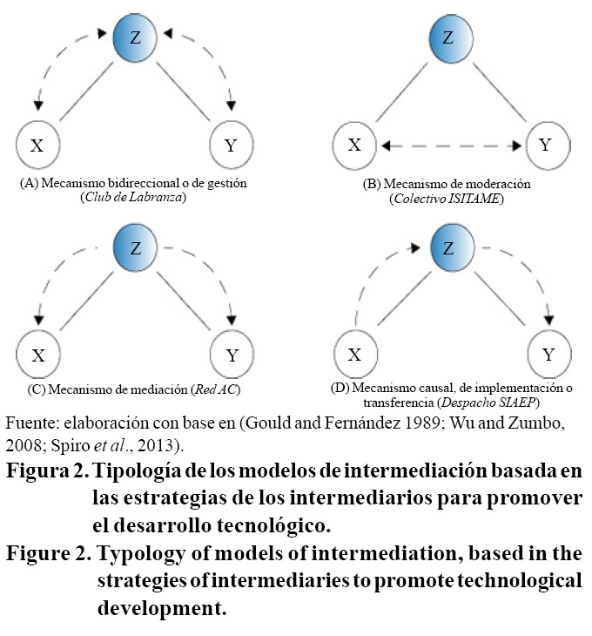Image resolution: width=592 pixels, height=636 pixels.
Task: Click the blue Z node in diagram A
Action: [x=136, y=39]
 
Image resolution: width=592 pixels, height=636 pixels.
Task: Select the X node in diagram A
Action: [x=37, y=145]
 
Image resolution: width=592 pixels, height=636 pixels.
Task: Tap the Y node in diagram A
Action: [x=232, y=145]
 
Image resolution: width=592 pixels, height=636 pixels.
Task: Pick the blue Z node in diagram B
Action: [x=448, y=39]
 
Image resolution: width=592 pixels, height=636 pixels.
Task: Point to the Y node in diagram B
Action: [x=544, y=145]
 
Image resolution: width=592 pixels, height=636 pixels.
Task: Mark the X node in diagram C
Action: [x=37, y=355]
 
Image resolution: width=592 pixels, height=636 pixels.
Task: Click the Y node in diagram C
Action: [x=232, y=355]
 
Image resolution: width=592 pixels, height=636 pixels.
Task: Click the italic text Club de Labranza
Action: [x=135, y=197]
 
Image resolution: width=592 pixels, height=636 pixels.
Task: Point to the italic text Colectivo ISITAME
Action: [x=448, y=200]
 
